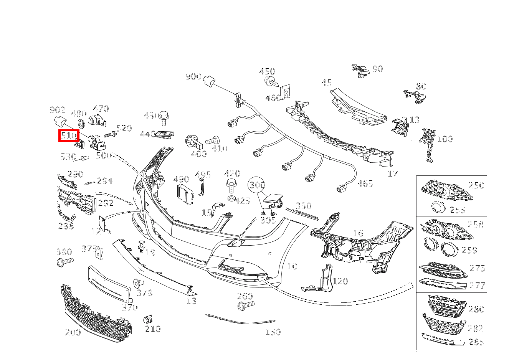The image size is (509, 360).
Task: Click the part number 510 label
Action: point(69,135)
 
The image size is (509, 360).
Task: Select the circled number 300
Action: point(257,185)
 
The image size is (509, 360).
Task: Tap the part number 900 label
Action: point(193,76)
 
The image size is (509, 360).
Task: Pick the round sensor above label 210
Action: point(148,319)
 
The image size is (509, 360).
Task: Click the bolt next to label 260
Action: point(245,306)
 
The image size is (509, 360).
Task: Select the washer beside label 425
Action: point(231,198)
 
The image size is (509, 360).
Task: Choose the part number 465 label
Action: point(365,183)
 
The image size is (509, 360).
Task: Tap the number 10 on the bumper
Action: point(293,266)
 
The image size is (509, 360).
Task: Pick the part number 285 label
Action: point(476,342)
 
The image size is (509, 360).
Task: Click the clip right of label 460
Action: point(285,93)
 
